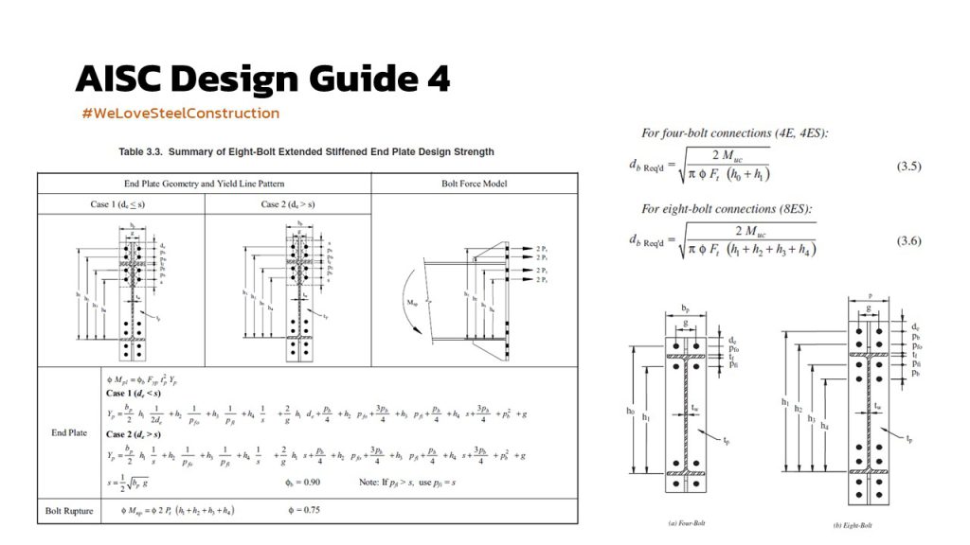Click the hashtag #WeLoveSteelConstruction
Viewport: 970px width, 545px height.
click(x=181, y=114)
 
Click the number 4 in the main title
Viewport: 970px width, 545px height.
click(x=438, y=79)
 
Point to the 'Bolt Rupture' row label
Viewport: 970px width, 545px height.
click(x=69, y=511)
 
